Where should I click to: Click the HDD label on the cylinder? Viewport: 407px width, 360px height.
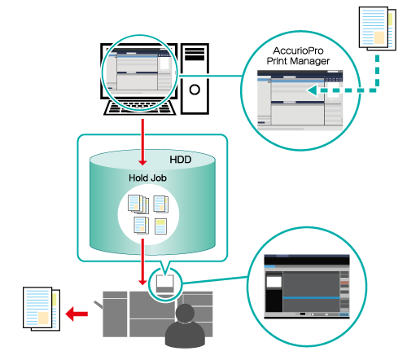pyautogui.click(x=181, y=160)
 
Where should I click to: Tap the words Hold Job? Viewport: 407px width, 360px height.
pyautogui.click(x=147, y=178)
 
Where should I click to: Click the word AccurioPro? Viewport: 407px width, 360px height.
pyautogui.click(x=298, y=50)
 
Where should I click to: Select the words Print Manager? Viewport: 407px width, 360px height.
pyautogui.click(x=298, y=61)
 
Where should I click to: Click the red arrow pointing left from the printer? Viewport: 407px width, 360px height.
pyautogui.click(x=77, y=314)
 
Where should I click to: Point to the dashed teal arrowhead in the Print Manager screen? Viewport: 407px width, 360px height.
pyautogui.click(x=312, y=90)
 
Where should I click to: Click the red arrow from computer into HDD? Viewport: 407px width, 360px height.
pyautogui.click(x=142, y=142)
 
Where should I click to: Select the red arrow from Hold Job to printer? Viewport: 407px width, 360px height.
pyautogui.click(x=142, y=261)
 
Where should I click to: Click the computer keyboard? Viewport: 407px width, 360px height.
pyautogui.click(x=140, y=108)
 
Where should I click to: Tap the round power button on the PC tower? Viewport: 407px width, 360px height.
pyautogui.click(x=195, y=90)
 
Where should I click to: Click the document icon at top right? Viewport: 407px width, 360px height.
pyautogui.click(x=378, y=29)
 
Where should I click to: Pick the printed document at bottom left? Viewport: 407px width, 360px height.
pyautogui.click(x=42, y=309)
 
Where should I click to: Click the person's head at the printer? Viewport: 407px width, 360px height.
pyautogui.click(x=185, y=313)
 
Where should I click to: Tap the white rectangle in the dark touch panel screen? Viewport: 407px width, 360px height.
pyautogui.click(x=274, y=282)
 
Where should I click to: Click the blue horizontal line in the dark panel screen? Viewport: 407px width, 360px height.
pyautogui.click(x=312, y=298)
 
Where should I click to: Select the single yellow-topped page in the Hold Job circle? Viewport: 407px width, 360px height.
pyautogui.click(x=160, y=226)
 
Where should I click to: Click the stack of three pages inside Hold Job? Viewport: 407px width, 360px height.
pyautogui.click(x=138, y=204)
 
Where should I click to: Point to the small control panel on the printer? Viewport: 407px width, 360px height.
pyautogui.click(x=164, y=283)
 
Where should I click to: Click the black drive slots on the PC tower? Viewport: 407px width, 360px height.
pyautogui.click(x=195, y=54)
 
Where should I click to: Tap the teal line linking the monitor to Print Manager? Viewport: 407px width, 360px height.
pyautogui.click(x=209, y=76)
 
